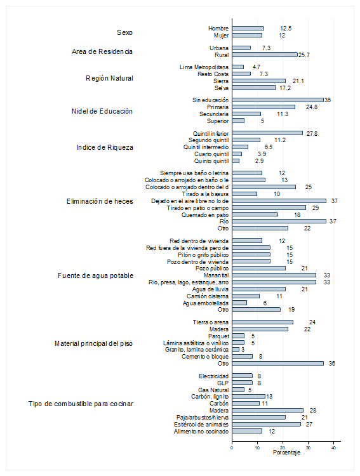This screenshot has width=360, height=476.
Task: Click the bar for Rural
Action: pos(265,55)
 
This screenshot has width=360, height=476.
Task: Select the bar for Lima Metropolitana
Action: pos(238,67)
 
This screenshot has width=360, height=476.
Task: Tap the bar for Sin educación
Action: pos(277,100)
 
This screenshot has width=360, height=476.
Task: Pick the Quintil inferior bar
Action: pos(267,133)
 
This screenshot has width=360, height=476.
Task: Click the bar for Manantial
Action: pos(274,275)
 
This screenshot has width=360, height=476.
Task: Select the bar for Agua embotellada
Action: pos(239,303)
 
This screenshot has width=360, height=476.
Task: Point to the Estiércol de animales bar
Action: pos(267,424)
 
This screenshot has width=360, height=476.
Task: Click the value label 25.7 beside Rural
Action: pos(303,55)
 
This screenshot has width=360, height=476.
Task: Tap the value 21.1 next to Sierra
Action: pos(298,81)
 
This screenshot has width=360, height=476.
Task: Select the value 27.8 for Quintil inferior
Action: pos(312,133)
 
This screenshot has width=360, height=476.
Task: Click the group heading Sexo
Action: pos(124,32)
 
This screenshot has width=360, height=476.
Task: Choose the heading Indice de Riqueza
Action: pos(105,147)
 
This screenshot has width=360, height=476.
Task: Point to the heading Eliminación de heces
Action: pos(100,201)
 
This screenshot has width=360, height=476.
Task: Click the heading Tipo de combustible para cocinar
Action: pos(81,404)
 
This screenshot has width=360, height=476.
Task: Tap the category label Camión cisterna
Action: pos(208,296)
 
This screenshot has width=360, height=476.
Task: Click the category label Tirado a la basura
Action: pos(205,194)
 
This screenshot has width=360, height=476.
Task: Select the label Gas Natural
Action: pos(213,390)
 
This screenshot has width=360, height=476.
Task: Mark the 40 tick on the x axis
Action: pos(333,447)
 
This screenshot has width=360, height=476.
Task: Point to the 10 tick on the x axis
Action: pos(257,447)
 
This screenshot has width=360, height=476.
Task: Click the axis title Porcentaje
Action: pos(286,453)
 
